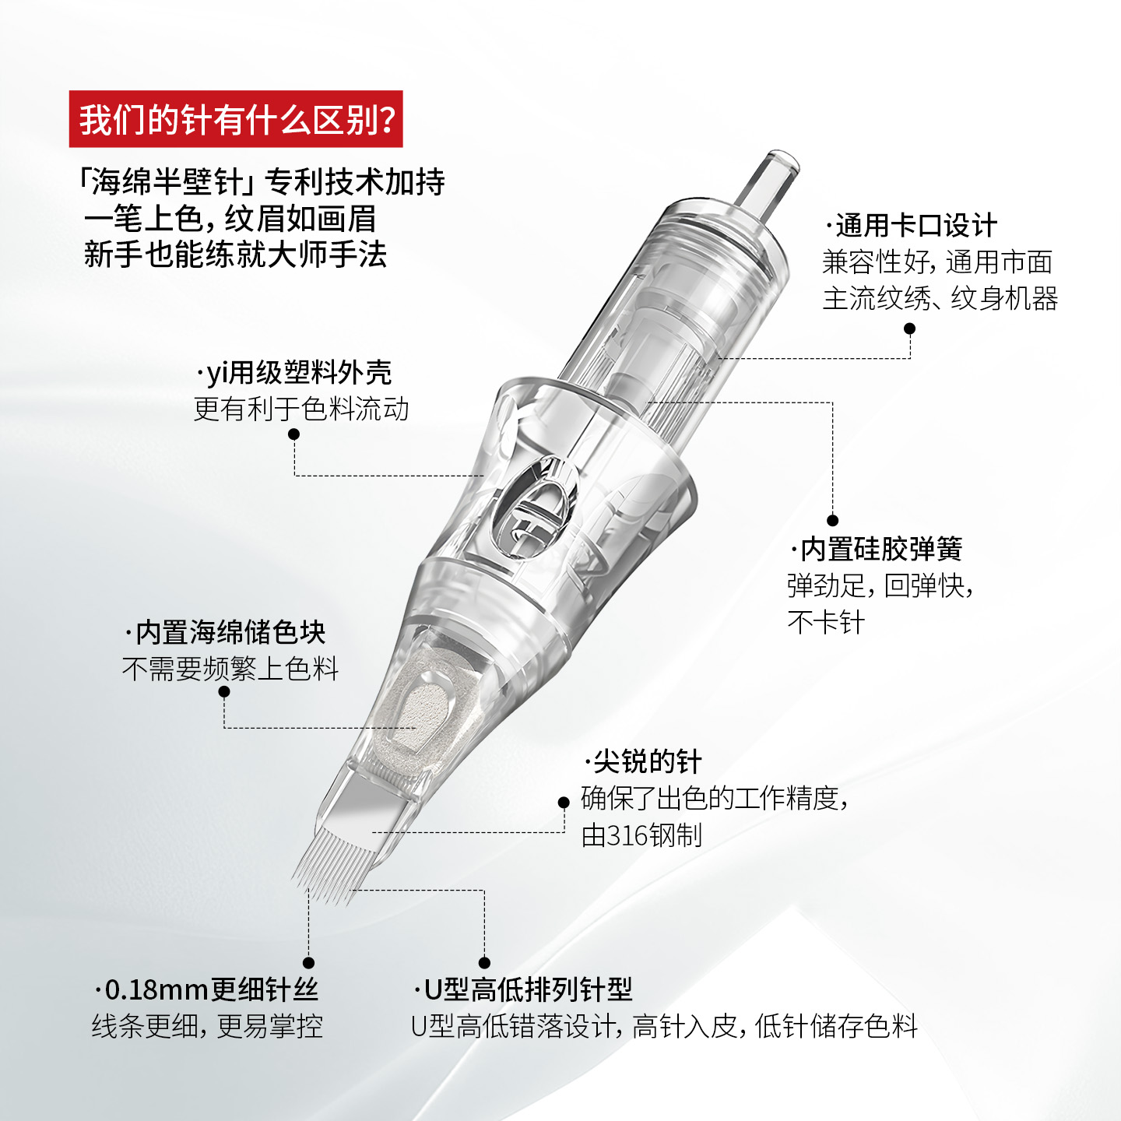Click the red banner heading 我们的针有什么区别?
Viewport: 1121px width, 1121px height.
click(x=236, y=118)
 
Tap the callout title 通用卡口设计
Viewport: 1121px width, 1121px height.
click(x=912, y=226)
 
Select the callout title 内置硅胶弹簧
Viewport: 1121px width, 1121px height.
click(x=876, y=549)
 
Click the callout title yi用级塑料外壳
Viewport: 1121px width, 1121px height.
click(x=294, y=373)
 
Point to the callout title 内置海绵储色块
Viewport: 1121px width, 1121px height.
click(x=225, y=632)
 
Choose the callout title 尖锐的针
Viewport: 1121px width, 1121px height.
click(x=643, y=761)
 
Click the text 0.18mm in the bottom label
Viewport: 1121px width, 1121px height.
click(x=156, y=989)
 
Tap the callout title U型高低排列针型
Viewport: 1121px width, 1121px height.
click(x=523, y=989)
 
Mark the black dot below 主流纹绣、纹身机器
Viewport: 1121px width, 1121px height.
click(x=910, y=329)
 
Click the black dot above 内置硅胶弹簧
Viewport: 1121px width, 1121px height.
click(x=832, y=520)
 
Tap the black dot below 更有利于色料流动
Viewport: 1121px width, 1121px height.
click(x=293, y=434)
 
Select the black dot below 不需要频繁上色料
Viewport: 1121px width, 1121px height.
click(x=224, y=692)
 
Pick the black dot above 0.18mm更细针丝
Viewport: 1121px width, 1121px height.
click(x=309, y=963)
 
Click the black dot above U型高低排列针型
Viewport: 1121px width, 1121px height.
click(x=484, y=963)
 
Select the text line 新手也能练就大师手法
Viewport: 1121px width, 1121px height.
click(x=235, y=255)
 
